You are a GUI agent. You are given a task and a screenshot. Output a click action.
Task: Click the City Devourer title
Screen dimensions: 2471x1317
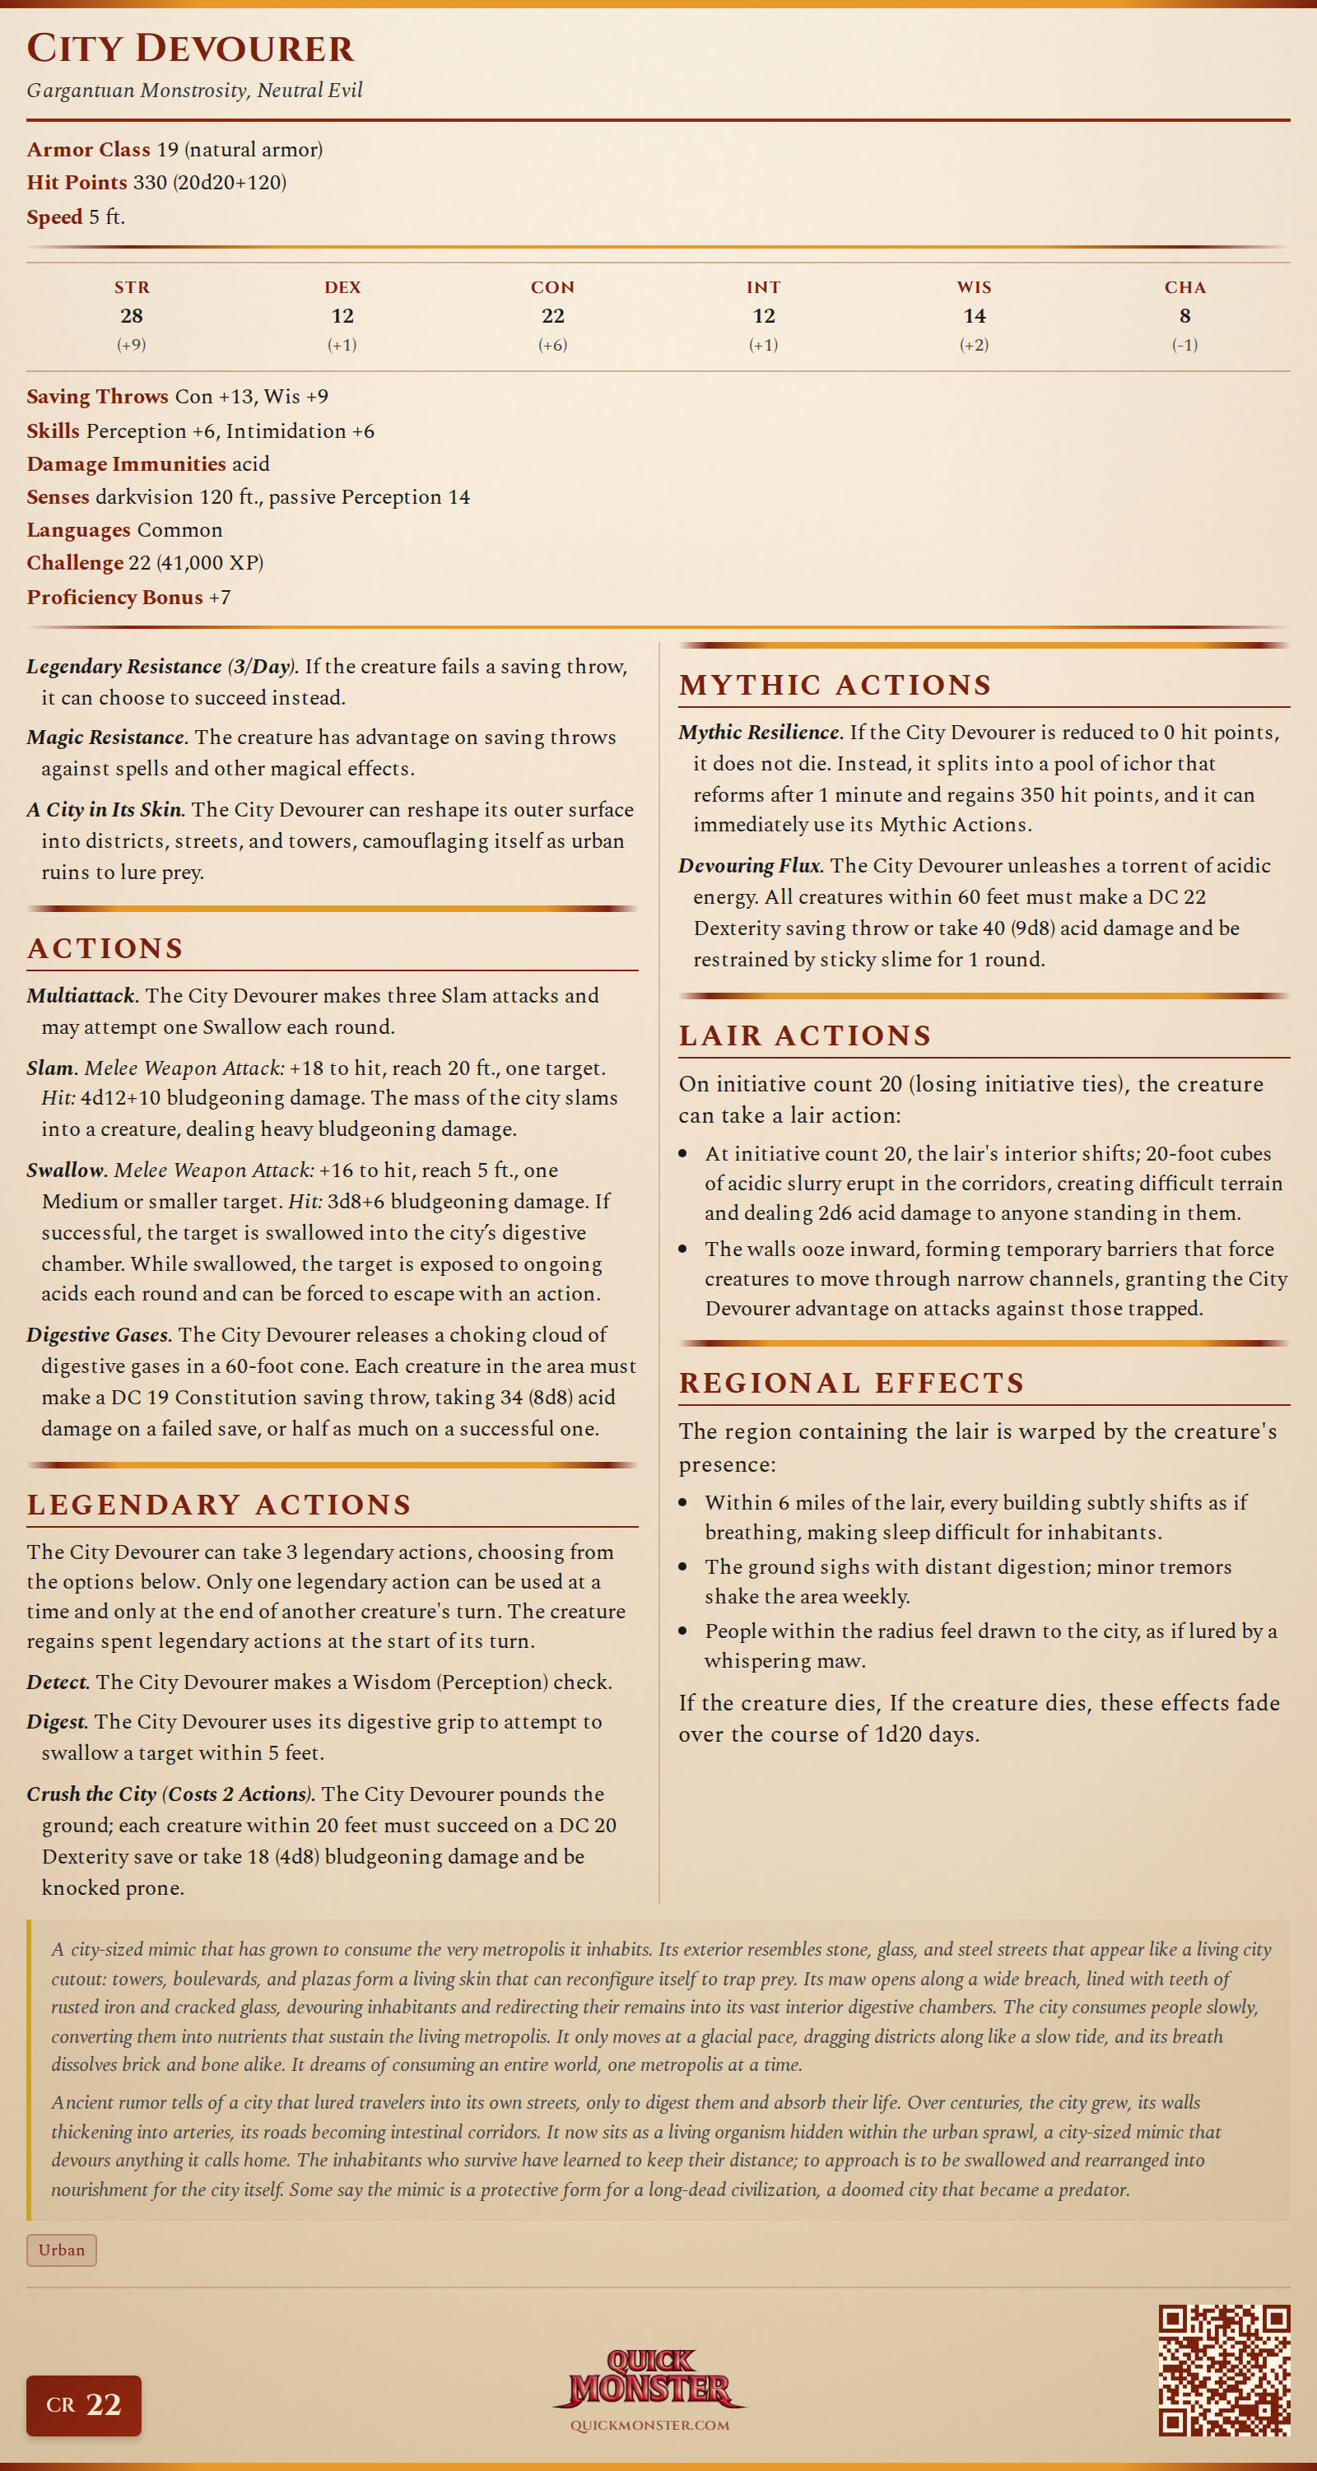coord(190,48)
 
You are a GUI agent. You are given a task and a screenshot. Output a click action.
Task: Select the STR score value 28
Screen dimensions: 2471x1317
coord(132,315)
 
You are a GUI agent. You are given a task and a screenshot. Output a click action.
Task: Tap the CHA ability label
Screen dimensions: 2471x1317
coord(1184,286)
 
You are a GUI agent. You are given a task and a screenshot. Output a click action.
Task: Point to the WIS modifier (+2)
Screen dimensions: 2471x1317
coord(974,344)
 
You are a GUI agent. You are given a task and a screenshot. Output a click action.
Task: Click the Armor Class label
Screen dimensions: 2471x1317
coord(88,150)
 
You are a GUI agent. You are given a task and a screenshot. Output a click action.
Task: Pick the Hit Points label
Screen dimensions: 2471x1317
coord(77,182)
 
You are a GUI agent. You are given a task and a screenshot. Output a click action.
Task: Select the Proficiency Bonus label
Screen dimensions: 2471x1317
coord(114,597)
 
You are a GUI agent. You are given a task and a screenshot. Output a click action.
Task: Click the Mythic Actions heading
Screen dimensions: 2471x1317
coord(835,685)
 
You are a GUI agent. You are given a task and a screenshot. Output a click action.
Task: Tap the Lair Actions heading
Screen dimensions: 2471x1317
coord(805,1035)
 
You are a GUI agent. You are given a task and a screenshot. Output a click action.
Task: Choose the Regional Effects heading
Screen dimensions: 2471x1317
coord(852,1382)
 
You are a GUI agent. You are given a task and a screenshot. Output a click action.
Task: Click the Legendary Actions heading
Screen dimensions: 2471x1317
coord(219,1504)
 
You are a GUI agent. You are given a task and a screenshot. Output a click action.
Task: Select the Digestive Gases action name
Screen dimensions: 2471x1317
coord(99,1334)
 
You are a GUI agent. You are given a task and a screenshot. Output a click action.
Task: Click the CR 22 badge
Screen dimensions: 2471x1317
coord(83,2405)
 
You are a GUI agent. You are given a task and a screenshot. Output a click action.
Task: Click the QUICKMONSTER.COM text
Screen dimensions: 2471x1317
coord(649,2426)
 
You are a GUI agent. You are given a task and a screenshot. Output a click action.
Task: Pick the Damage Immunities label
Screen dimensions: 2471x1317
coord(126,464)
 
